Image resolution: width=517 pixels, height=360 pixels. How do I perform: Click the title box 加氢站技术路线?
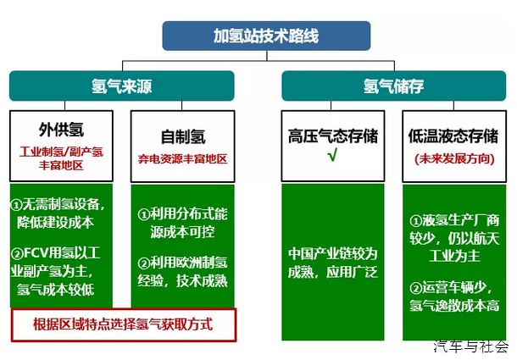266,36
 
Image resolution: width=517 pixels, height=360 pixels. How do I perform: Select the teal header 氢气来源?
122,86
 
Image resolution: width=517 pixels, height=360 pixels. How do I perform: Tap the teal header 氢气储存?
394,86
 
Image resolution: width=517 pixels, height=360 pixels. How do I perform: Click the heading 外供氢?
61,130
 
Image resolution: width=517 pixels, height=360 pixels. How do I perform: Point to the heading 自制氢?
183,137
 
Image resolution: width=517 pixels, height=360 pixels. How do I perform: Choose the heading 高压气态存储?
333,136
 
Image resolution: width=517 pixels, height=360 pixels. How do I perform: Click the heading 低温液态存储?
453,136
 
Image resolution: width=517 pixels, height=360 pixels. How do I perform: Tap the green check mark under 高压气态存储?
333,155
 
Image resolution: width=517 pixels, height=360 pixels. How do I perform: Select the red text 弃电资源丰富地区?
183,159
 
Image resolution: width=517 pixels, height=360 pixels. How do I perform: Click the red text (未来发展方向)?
454,159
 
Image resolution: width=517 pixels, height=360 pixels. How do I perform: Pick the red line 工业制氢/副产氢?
61,152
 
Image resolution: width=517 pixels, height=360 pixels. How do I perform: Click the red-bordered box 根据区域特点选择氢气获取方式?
124,325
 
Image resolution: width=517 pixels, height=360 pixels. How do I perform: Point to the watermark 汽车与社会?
471,346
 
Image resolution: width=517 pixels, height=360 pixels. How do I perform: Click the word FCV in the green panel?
36,253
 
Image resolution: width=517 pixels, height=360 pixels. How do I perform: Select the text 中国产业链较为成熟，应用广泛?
333,263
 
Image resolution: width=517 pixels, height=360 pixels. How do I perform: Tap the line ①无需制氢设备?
58,204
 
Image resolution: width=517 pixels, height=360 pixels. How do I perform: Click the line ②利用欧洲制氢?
183,263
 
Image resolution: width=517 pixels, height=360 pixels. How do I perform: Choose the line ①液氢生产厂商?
454,220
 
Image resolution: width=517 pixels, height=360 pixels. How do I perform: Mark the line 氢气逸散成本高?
454,305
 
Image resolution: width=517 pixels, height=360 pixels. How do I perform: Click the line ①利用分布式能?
183,214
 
